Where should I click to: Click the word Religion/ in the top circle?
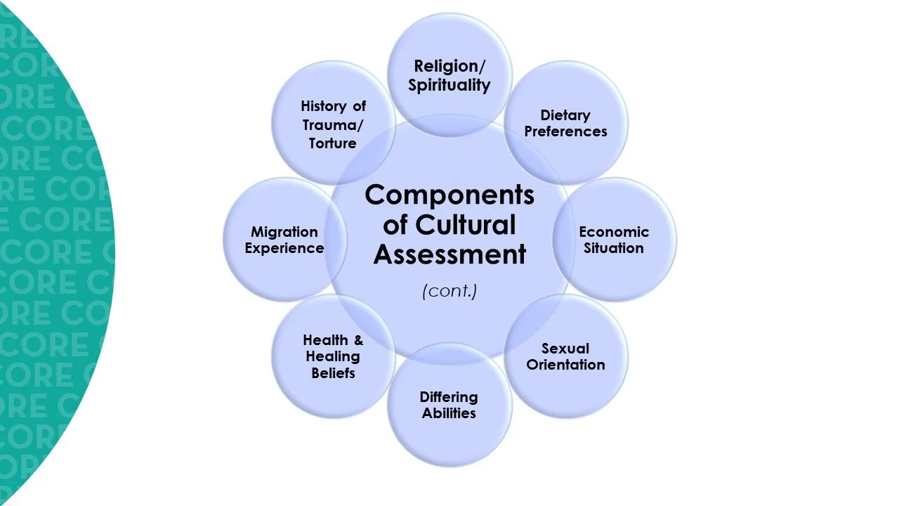coord(450,67)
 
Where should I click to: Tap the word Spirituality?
coord(449,86)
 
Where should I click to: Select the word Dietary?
coord(565,115)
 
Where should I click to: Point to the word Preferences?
coord(565,131)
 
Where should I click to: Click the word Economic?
coord(614,232)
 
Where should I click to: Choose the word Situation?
coord(614,248)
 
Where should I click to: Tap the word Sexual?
coord(565,349)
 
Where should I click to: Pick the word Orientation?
coord(565,365)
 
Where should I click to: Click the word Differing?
coord(449,398)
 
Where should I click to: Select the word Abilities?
coord(449,413)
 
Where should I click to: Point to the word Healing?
coord(333,356)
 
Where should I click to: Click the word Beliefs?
coord(333,372)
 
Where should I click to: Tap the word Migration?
coord(284,232)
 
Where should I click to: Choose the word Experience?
coord(284,248)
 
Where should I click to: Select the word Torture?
coord(333,143)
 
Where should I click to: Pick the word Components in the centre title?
coord(449,195)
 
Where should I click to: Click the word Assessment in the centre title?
coord(449,254)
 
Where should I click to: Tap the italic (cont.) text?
coord(449,291)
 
